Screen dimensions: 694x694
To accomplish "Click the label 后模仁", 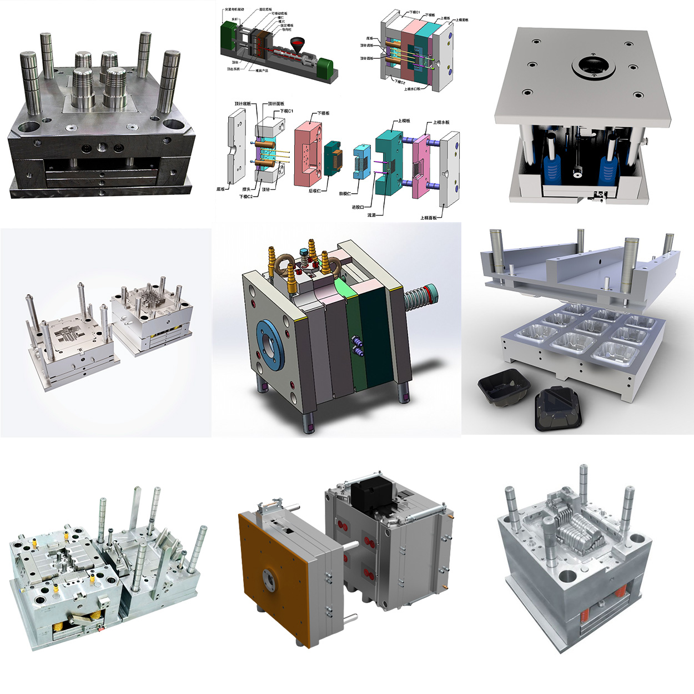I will tap(314, 191).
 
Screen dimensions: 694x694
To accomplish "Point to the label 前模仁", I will tap(345, 194).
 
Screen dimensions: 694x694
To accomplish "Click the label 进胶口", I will tap(358, 207).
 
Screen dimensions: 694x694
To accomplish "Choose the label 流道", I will tap(371, 214).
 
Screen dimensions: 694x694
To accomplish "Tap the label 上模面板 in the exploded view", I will tap(429, 218).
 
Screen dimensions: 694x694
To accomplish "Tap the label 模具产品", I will tap(261, 71).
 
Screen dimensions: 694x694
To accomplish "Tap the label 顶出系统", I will tap(234, 69).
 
